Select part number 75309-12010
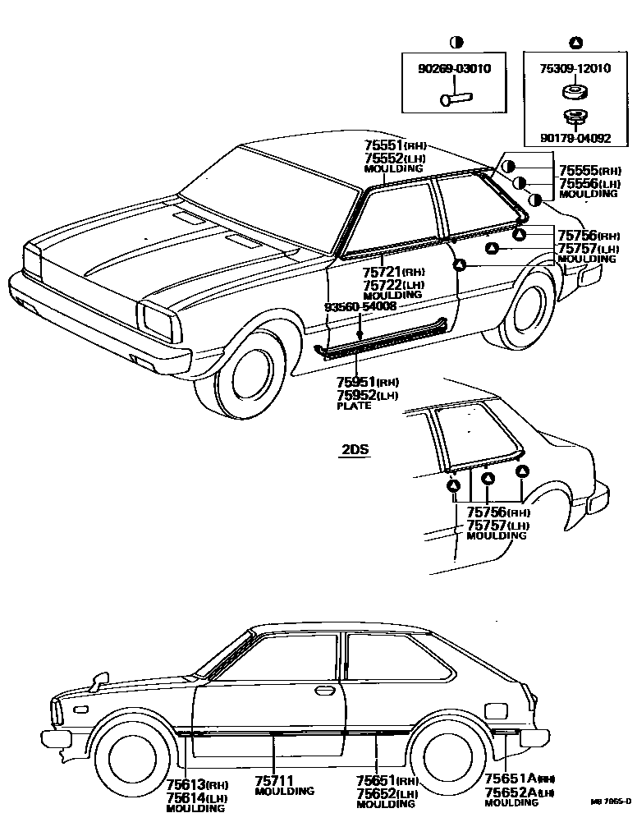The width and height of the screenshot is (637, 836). pyautogui.click(x=575, y=69)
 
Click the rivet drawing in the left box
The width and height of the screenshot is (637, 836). pyautogui.click(x=453, y=99)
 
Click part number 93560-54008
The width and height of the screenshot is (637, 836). pyautogui.click(x=360, y=306)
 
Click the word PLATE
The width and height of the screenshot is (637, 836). pyautogui.click(x=354, y=406)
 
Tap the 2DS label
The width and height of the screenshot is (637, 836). pyautogui.click(x=355, y=450)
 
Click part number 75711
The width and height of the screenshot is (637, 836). pyautogui.click(x=274, y=780)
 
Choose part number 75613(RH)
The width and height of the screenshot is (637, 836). pyautogui.click(x=196, y=784)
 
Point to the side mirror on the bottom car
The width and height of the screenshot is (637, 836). pyautogui.click(x=100, y=679)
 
